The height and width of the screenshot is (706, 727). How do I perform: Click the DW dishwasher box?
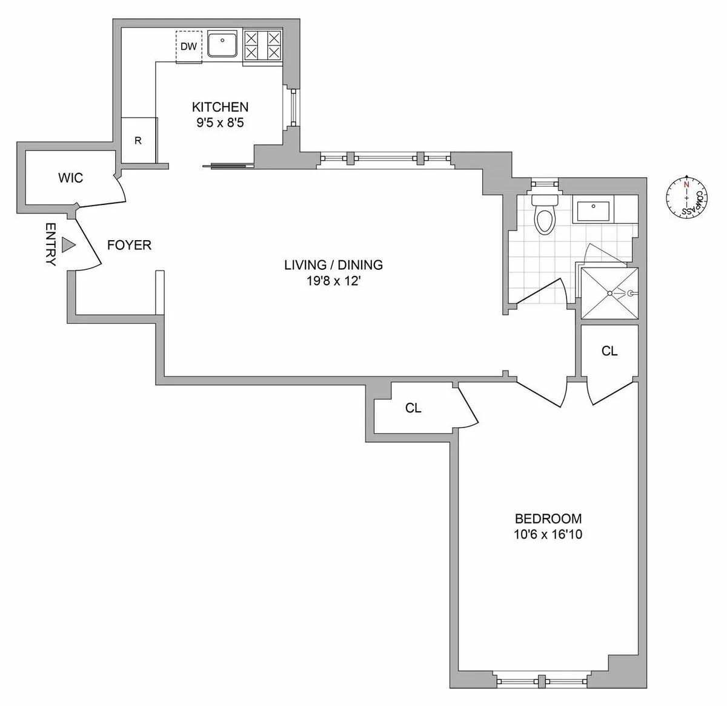pyautogui.click(x=189, y=46)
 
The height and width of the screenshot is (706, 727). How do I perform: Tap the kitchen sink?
pyautogui.click(x=224, y=45)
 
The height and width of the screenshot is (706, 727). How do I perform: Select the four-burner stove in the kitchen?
pyautogui.click(x=262, y=46)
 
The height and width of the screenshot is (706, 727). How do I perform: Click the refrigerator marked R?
pyautogui.click(x=139, y=141)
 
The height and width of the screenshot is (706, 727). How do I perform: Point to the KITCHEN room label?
pyautogui.click(x=220, y=107)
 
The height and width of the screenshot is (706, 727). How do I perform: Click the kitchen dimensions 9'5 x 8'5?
pyautogui.click(x=220, y=123)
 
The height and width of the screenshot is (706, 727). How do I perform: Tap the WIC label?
pyautogui.click(x=70, y=178)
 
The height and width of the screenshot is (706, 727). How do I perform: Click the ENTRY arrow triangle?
pyautogui.click(x=68, y=245)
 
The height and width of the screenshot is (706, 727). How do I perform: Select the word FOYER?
pyautogui.click(x=129, y=245)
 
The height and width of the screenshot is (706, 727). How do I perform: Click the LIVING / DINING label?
pyautogui.click(x=333, y=264)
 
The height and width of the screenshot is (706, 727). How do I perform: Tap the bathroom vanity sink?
pyautogui.click(x=593, y=211)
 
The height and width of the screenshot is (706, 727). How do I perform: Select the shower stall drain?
pyautogui.click(x=609, y=293)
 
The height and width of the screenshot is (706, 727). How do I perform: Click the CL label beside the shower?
pyautogui.click(x=609, y=351)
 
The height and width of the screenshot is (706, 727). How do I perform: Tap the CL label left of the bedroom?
pyautogui.click(x=413, y=408)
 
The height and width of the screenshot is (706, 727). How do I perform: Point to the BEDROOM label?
pyautogui.click(x=548, y=519)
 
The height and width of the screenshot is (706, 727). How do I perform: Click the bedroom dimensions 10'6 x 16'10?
pyautogui.click(x=548, y=534)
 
